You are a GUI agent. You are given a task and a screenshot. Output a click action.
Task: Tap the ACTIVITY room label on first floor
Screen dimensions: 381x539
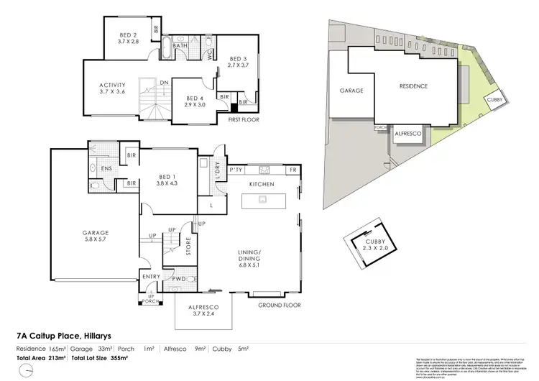coord(112,87)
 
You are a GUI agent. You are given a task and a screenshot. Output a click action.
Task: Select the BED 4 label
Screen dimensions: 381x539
coord(195,99)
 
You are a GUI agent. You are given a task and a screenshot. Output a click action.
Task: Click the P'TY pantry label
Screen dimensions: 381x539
coord(234,170)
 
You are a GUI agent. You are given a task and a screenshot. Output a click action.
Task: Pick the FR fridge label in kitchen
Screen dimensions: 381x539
coord(292,170)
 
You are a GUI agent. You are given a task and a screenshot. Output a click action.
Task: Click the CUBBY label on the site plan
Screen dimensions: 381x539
coord(496,100)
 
